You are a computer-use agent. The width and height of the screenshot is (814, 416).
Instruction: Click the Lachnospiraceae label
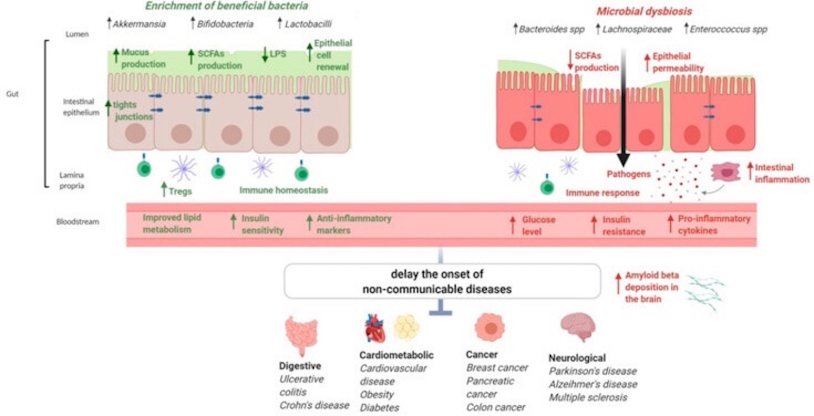tap(637, 29)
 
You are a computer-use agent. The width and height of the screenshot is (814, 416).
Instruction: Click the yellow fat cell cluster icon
tap(406, 327)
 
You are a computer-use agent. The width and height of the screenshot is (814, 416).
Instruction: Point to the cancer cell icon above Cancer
tap(489, 328)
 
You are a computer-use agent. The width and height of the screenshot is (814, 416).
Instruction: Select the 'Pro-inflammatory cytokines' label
tap(714, 225)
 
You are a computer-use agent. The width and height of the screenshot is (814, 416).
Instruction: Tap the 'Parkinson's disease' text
tap(593, 372)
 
